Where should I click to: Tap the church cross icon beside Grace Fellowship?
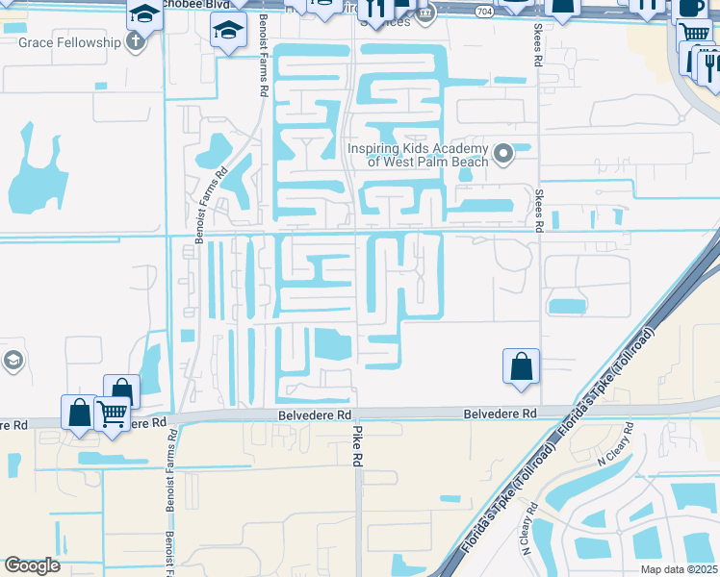[x=135, y=42]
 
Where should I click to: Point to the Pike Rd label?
[x=357, y=445]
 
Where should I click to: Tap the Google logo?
[x=32, y=565]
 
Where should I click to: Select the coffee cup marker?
[x=691, y=6]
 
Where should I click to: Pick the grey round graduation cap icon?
[x=13, y=362]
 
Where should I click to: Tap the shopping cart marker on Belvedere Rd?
[x=113, y=414]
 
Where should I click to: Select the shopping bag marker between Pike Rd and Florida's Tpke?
[x=521, y=365]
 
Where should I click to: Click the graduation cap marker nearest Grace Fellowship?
[x=144, y=14]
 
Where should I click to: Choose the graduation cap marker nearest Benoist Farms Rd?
[x=228, y=32]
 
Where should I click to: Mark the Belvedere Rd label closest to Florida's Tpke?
[x=500, y=414]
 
